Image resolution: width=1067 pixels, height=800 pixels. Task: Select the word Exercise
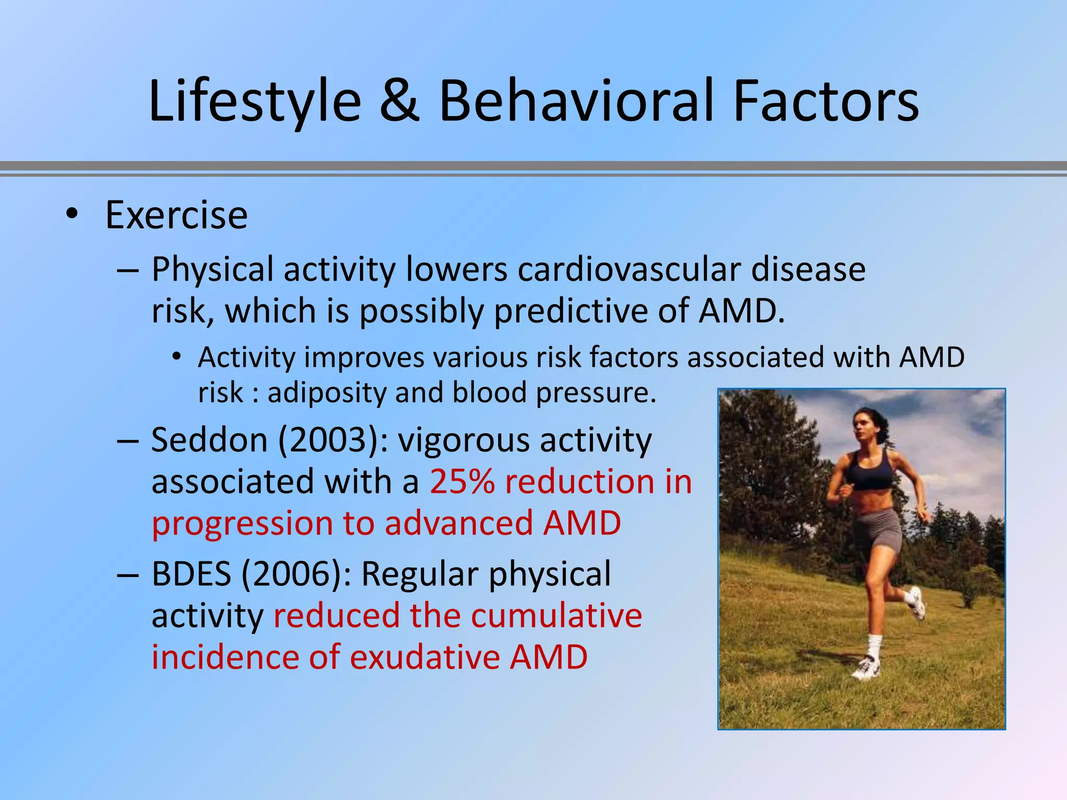(176, 215)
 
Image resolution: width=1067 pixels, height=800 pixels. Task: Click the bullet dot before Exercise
(72, 214)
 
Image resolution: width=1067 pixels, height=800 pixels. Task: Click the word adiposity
(326, 393)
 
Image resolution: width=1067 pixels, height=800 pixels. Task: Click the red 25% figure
(462, 481)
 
